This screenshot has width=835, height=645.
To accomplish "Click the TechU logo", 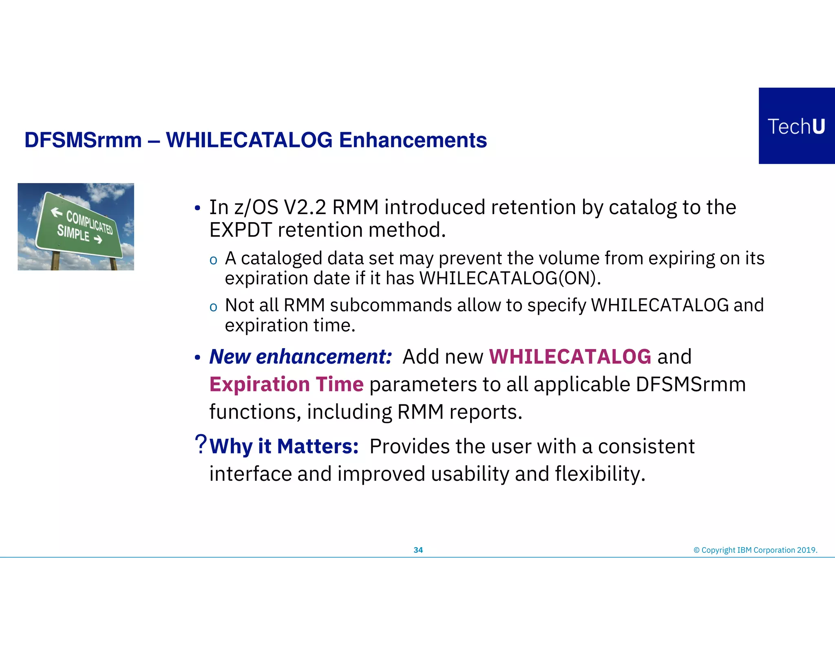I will tap(796, 126).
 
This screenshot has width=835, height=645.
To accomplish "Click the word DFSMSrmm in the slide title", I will tap(83, 140).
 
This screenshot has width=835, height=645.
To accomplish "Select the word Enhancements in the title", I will tap(413, 140).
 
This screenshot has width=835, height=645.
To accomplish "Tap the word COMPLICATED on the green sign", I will tap(90, 223).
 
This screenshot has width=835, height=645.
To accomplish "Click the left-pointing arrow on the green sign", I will tap(56, 212).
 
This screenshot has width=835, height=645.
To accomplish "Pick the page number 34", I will tap(418, 550).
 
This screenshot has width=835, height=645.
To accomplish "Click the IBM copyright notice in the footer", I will tap(755, 550).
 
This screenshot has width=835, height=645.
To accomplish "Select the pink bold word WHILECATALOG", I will tap(570, 357).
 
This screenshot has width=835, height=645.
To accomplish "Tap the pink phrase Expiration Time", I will tap(286, 384).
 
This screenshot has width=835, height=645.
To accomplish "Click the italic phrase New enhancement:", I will tap(300, 357).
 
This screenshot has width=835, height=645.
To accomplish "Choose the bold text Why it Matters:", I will tap(284, 446).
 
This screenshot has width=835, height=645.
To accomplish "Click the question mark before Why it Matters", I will tap(201, 444).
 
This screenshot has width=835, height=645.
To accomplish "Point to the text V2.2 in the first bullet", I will tap(305, 208).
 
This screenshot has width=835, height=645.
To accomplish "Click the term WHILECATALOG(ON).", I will tap(510, 278).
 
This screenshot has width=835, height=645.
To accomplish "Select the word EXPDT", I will tap(240, 230).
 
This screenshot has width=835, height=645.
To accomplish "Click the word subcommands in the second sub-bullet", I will tap(391, 305).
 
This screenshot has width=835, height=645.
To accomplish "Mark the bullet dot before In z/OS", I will tap(197, 209).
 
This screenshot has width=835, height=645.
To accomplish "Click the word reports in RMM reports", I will tap(485, 412).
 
